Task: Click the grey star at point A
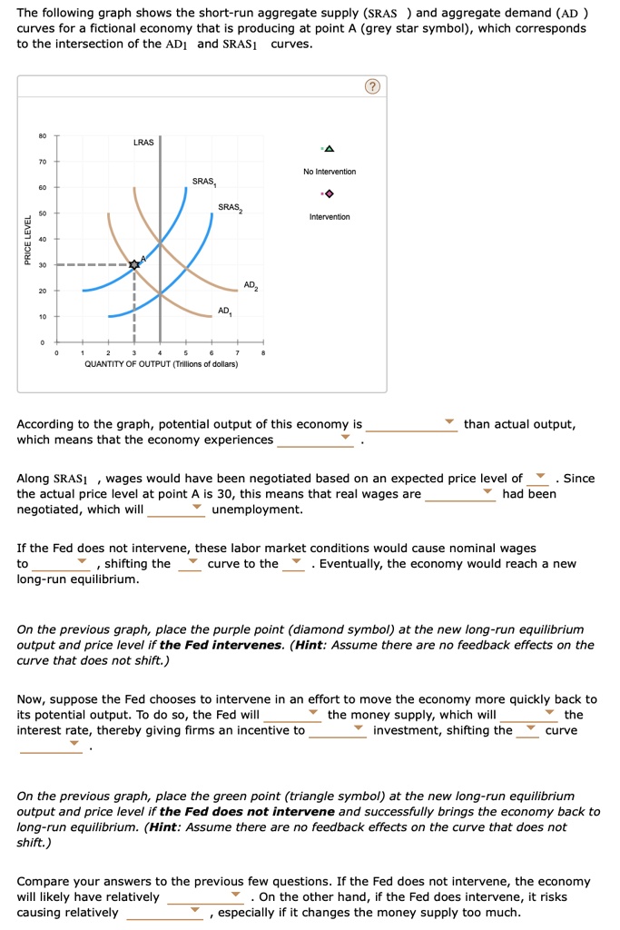134,264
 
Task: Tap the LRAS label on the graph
143,143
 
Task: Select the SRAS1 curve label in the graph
204,183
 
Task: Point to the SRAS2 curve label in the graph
230,208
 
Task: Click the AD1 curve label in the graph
224,311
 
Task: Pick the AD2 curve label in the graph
251,285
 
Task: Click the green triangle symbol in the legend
329,149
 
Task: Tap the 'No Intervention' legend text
330,172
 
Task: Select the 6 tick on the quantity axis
212,352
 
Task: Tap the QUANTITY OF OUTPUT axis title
161,363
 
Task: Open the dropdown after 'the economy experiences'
315,440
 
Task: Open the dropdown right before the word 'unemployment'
176,510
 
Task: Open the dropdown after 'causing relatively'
164,913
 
